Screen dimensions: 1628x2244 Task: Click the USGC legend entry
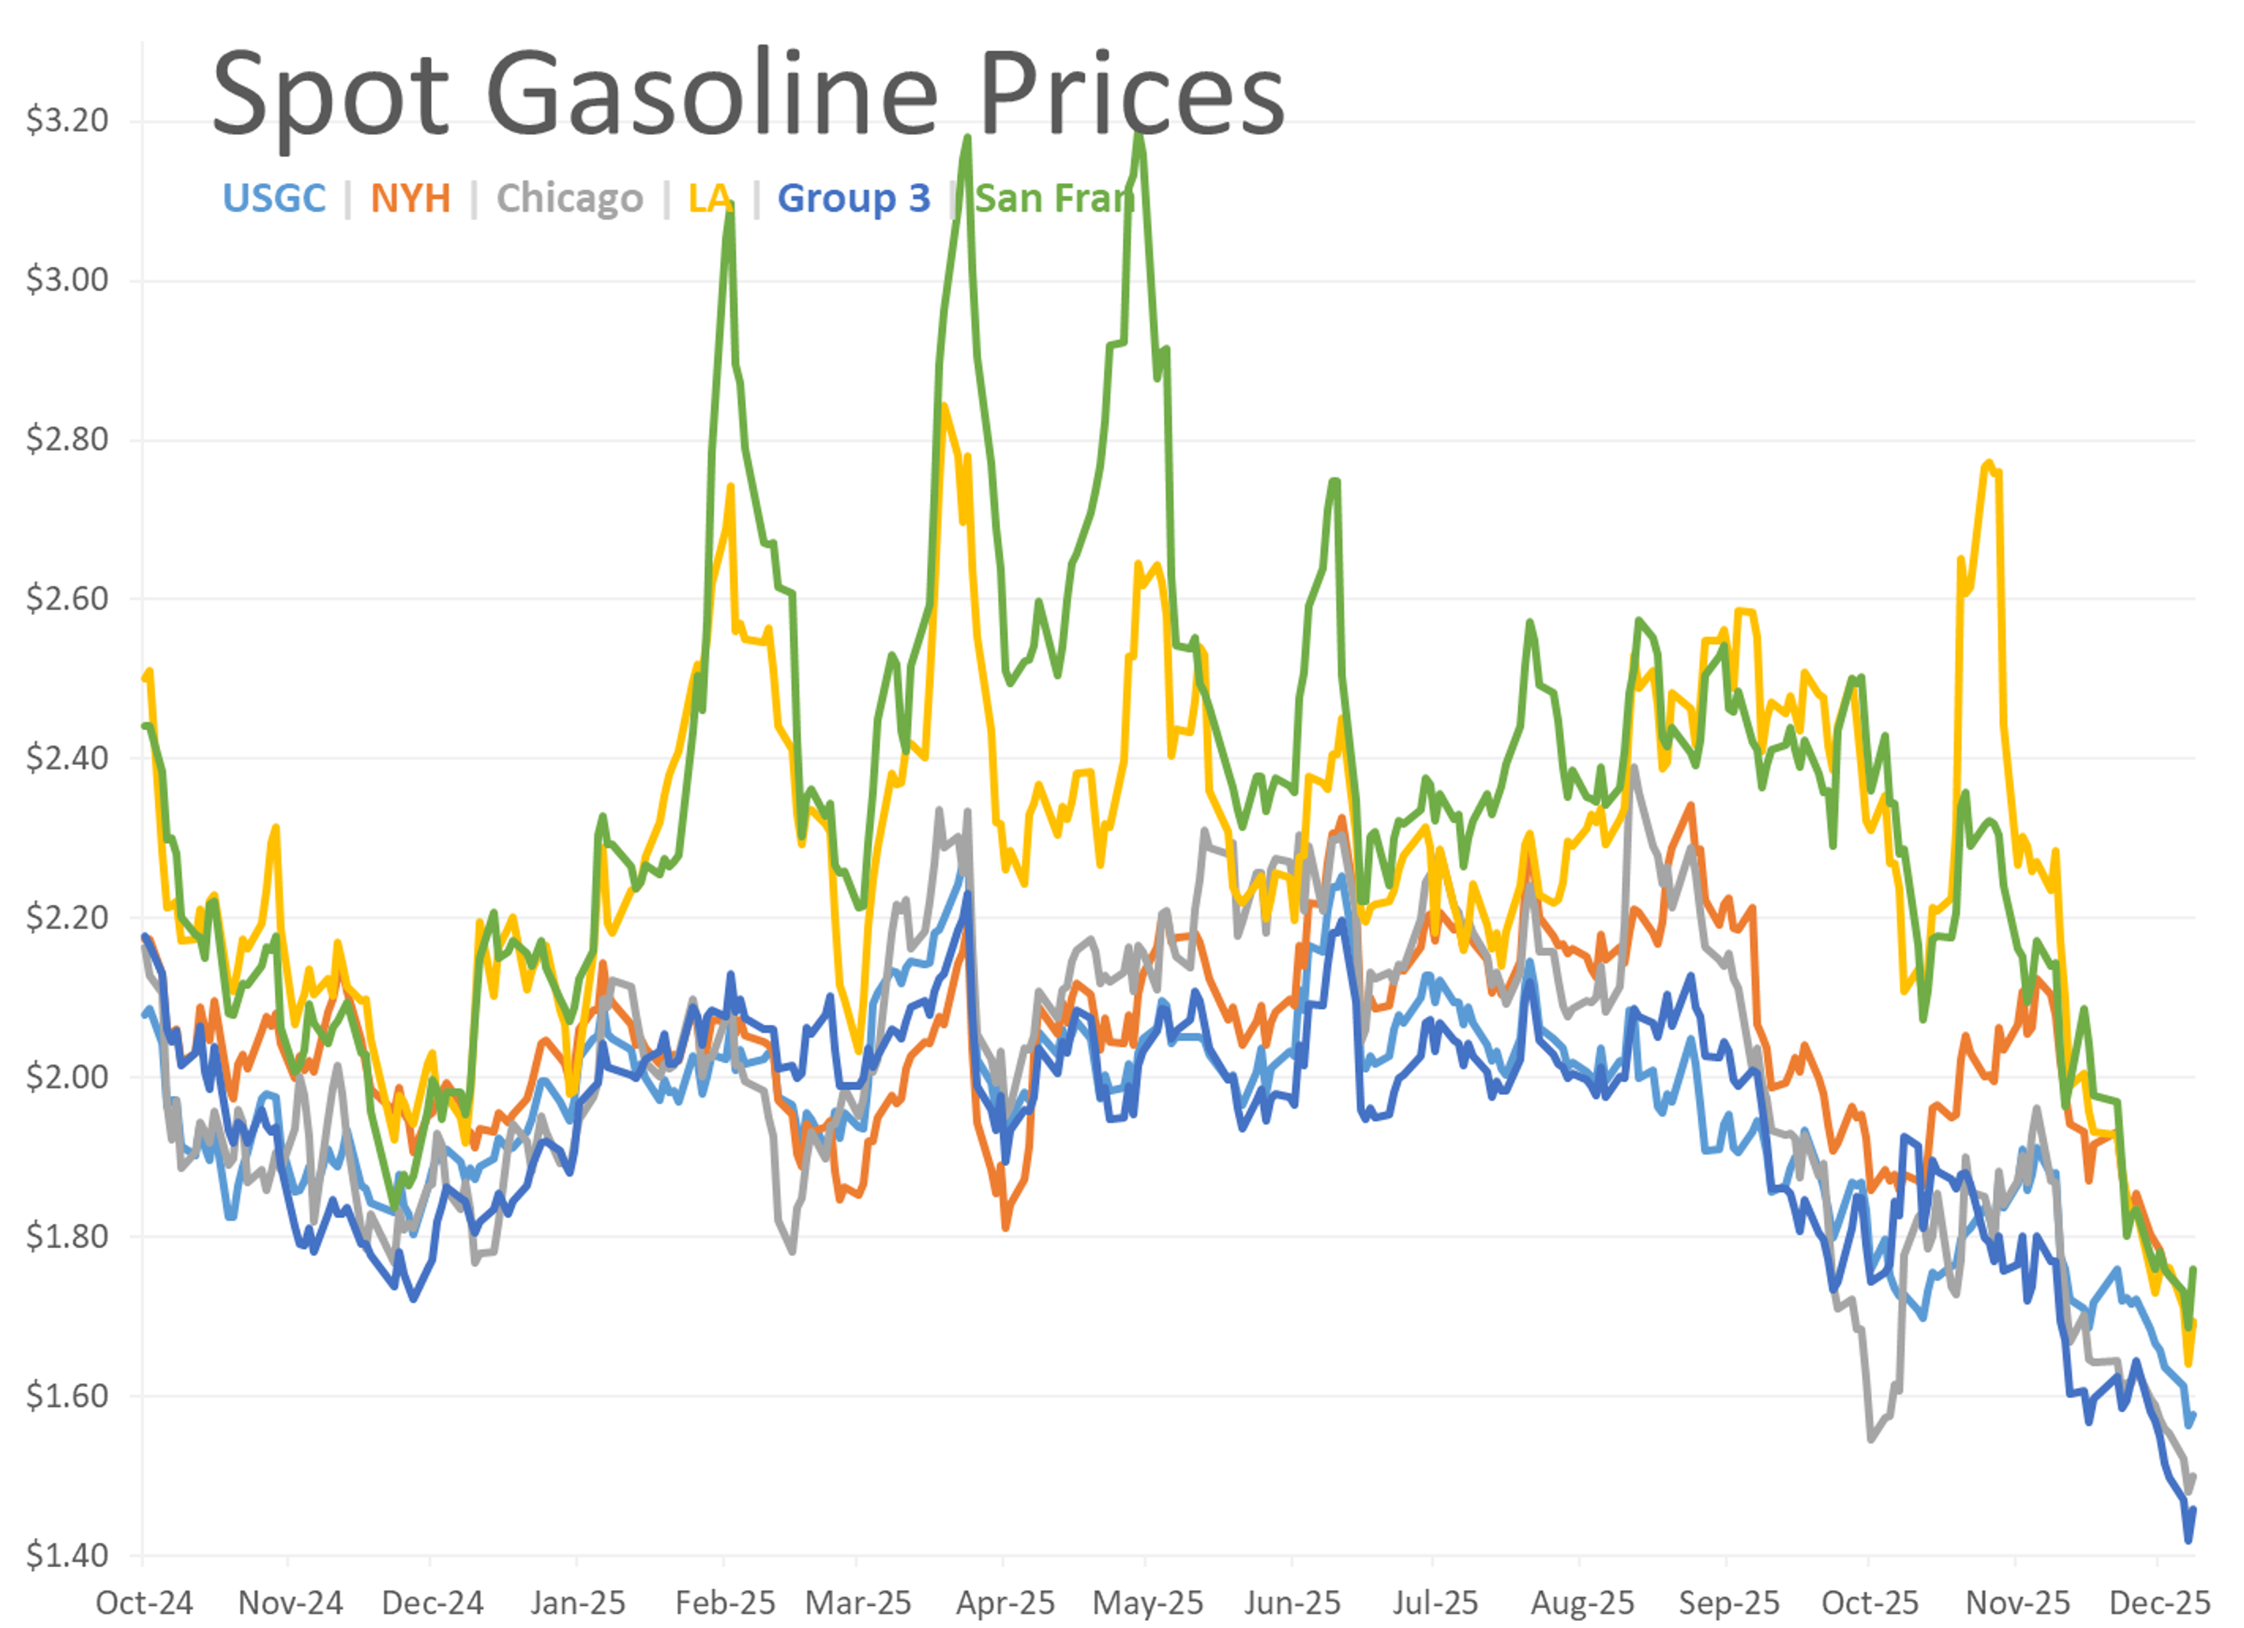(274, 198)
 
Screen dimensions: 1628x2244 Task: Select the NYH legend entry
(411, 198)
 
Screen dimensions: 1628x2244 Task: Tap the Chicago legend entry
(570, 198)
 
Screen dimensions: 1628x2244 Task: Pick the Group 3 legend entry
(854, 198)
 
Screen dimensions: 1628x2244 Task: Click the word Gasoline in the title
(712, 96)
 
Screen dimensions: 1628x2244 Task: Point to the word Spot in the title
(331, 96)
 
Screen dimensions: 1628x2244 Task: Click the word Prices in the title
(1131, 96)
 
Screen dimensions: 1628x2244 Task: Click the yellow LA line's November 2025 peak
(1989, 462)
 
